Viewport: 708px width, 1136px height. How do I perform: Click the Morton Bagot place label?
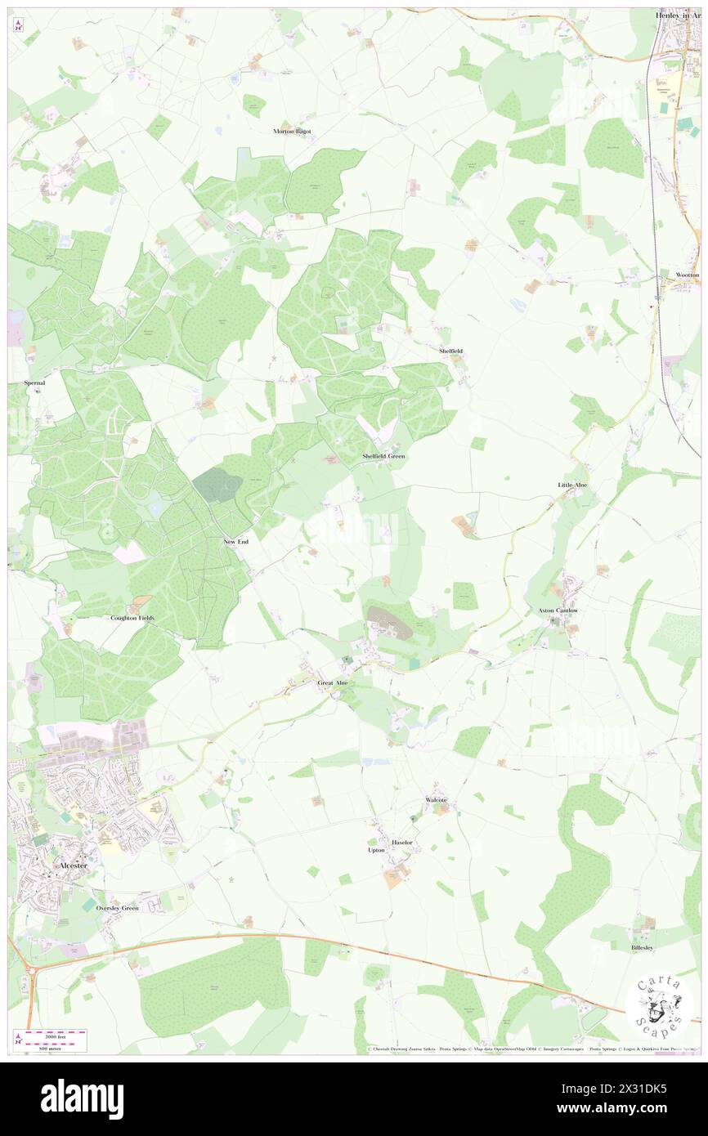(292, 131)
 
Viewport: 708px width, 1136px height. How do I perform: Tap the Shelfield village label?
(450, 351)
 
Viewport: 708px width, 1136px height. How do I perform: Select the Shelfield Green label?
(383, 455)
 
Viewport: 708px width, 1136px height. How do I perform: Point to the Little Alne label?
(572, 485)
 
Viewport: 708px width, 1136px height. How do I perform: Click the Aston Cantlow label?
(558, 610)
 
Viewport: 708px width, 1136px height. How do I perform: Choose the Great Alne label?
(333, 682)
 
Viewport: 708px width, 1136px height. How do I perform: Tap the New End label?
(235, 542)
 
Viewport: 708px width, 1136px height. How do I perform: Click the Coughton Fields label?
(132, 619)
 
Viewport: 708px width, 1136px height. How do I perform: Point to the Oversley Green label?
(117, 908)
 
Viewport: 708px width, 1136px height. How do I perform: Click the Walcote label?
(436, 798)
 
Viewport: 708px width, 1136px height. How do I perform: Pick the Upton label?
(376, 850)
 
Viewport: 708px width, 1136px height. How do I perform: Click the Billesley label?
(642, 947)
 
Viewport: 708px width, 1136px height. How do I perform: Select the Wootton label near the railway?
(688, 275)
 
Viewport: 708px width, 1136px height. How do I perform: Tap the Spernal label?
(34, 382)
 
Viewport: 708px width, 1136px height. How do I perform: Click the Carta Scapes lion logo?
(659, 1008)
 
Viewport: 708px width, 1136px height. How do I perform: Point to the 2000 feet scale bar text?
(53, 1035)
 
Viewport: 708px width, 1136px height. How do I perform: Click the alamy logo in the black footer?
(82, 1099)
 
